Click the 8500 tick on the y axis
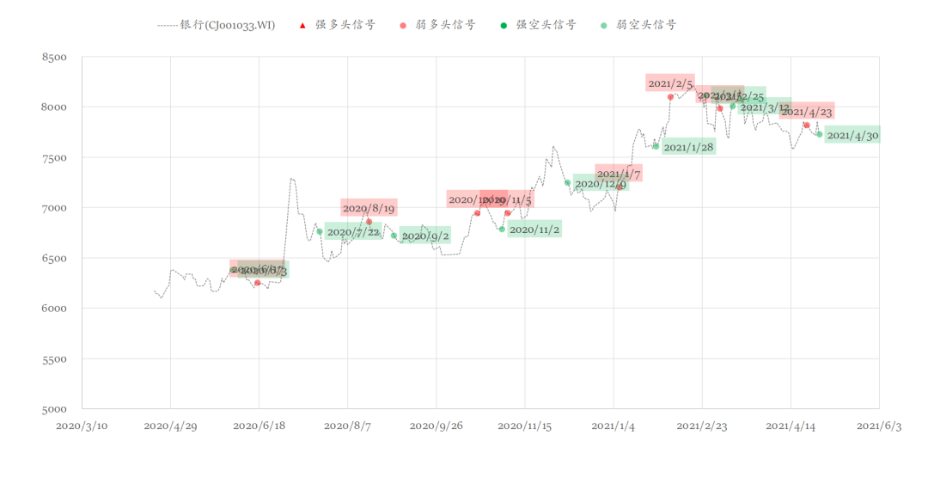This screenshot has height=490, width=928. point(54,58)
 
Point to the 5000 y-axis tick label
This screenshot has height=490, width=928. point(54,409)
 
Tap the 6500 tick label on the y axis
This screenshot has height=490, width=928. point(54,259)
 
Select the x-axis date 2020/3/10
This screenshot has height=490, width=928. point(82,426)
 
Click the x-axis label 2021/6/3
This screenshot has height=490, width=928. point(879,426)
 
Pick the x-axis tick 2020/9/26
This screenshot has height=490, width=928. point(436,426)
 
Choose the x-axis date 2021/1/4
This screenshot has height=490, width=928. point(613,426)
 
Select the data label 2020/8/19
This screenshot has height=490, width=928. point(369,208)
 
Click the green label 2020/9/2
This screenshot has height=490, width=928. point(425,236)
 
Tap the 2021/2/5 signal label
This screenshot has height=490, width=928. point(670,83)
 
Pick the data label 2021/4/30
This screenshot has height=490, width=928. point(852,136)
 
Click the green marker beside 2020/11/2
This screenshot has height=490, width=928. point(502,230)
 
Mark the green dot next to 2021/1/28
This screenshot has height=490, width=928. point(656,146)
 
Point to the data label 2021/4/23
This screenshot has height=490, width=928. point(807,112)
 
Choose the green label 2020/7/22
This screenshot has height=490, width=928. point(353,231)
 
